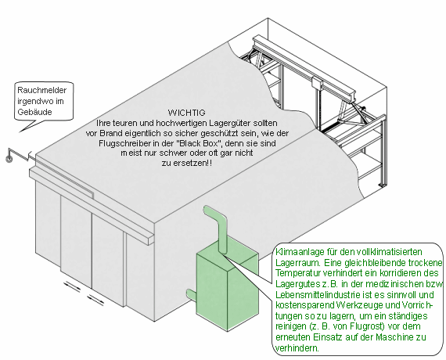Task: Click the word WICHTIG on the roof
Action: point(186,113)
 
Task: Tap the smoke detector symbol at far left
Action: point(9,159)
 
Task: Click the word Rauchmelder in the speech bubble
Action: point(41,90)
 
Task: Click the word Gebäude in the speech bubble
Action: point(34,112)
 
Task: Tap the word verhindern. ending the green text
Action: point(297,348)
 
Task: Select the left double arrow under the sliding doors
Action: point(72,286)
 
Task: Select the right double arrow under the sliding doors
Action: point(95,300)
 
